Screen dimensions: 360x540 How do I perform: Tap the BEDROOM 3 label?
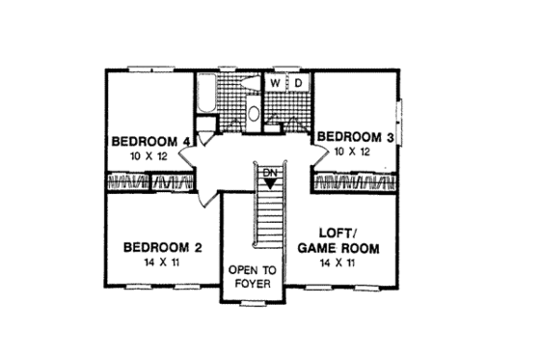click(356, 137)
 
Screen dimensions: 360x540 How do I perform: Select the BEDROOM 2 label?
click(163, 248)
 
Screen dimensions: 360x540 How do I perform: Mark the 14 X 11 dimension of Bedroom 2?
click(163, 264)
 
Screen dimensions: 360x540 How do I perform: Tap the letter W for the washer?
click(275, 84)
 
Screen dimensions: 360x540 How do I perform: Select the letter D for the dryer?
click(298, 84)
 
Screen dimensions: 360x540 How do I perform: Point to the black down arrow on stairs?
click(270, 182)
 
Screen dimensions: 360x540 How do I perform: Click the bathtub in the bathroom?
click(204, 97)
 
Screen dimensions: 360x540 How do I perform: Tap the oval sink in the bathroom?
click(254, 113)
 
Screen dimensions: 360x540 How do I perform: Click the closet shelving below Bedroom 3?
click(354, 181)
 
